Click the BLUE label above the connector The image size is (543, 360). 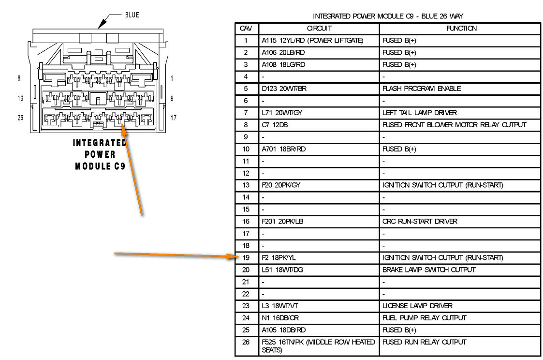tap(132, 15)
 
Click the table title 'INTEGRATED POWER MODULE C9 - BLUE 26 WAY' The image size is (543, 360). tap(388, 16)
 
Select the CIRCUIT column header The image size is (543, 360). tap(319, 29)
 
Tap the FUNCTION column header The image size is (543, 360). tap(461, 29)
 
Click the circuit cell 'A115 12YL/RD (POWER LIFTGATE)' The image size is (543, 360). tap(312, 41)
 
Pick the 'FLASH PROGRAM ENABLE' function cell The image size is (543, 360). tap(422, 89)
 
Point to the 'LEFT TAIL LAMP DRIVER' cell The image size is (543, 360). tap(419, 113)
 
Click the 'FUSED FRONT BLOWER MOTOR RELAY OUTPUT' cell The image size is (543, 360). tap(454, 125)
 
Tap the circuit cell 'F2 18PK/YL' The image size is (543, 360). tap(279, 258)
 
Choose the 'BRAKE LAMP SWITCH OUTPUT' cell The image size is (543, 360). tap(429, 270)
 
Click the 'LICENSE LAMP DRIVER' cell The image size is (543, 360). tap(417, 306)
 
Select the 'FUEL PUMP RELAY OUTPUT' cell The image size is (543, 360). tap(424, 318)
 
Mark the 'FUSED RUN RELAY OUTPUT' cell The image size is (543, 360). tap(424, 342)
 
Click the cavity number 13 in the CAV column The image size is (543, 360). tap(246, 185)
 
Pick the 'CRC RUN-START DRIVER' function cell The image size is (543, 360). tap(420, 222)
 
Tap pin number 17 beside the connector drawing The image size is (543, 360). tap(173, 118)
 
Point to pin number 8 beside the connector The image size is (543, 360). tap(19, 78)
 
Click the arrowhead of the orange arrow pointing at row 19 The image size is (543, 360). tap(233, 257)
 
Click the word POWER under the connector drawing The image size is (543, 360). tap(100, 154)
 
